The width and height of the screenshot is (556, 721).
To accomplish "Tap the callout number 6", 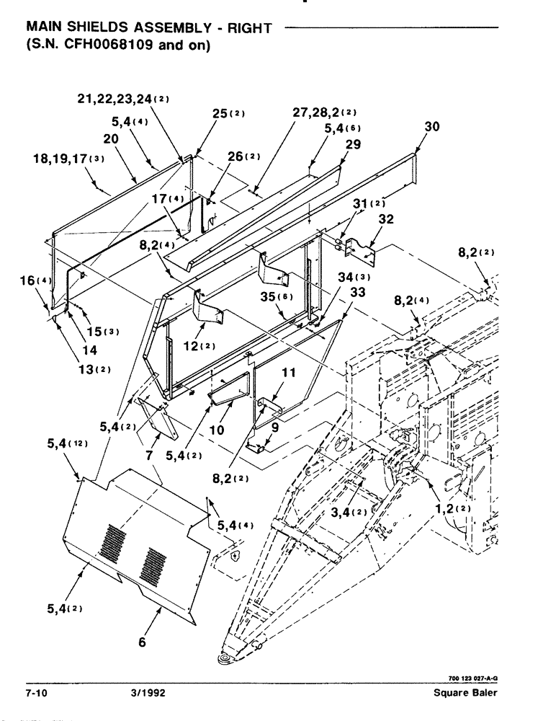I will click(142, 642).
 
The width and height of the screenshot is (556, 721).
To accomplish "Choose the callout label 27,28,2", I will click(318, 113).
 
